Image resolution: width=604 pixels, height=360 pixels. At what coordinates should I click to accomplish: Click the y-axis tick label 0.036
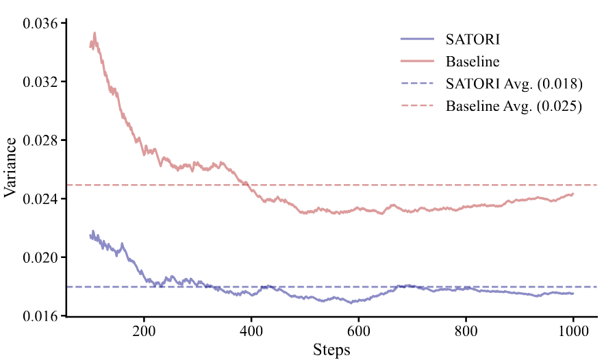point(42,23)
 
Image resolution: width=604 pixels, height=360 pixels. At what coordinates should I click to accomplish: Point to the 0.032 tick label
point(42,82)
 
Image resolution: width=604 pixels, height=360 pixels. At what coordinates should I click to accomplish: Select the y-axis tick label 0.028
point(42,140)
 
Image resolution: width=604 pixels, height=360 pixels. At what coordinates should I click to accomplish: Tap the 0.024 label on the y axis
point(42,199)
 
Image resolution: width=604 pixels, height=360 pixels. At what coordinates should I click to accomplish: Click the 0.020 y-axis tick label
point(42,257)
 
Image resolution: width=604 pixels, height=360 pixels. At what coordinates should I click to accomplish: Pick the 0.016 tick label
point(42,316)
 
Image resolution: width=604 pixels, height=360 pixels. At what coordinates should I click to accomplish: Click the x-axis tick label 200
point(144,331)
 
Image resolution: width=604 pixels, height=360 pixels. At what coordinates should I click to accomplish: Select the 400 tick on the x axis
point(251,331)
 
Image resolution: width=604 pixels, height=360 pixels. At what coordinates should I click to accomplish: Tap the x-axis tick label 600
point(359,331)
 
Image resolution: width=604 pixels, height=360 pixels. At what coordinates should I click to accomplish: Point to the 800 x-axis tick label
point(466,331)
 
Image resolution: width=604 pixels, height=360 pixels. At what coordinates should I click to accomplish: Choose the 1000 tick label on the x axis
point(573,331)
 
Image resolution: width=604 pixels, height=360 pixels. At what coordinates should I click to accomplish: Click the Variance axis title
point(10,168)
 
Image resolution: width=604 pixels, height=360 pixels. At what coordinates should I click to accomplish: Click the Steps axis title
point(331,350)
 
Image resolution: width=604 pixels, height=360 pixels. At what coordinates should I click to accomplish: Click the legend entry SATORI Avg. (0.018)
point(514,84)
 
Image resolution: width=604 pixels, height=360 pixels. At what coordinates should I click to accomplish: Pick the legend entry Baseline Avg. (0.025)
point(514,107)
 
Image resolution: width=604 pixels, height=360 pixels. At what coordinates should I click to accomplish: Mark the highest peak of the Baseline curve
point(95,32)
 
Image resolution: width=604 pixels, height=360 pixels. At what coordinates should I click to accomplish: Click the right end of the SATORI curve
point(573,294)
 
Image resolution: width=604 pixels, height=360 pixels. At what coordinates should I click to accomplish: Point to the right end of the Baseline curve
point(573,194)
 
